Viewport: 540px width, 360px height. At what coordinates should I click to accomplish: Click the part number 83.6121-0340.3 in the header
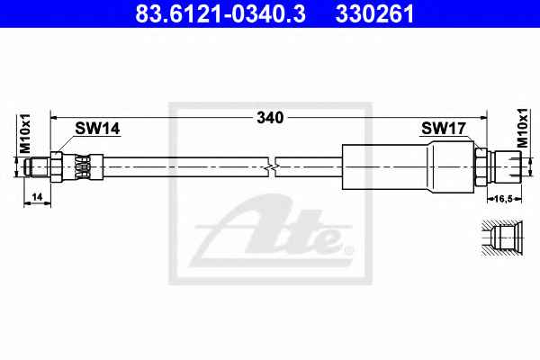(x=220, y=13)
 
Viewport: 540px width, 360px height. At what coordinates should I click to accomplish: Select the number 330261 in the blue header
(x=374, y=13)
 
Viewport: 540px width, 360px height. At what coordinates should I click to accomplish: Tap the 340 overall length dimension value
(x=270, y=118)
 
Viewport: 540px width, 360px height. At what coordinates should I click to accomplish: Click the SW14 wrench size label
(x=97, y=129)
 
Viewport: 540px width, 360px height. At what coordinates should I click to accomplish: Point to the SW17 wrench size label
(x=444, y=129)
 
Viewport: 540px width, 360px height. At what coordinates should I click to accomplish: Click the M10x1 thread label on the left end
(x=25, y=133)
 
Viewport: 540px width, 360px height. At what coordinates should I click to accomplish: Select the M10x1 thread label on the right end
(x=523, y=128)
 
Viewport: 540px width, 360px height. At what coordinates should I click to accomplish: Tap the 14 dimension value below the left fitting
(x=37, y=197)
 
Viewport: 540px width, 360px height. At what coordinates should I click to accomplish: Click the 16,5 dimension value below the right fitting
(x=504, y=198)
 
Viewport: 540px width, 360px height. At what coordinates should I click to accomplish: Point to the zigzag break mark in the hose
(x=272, y=167)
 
